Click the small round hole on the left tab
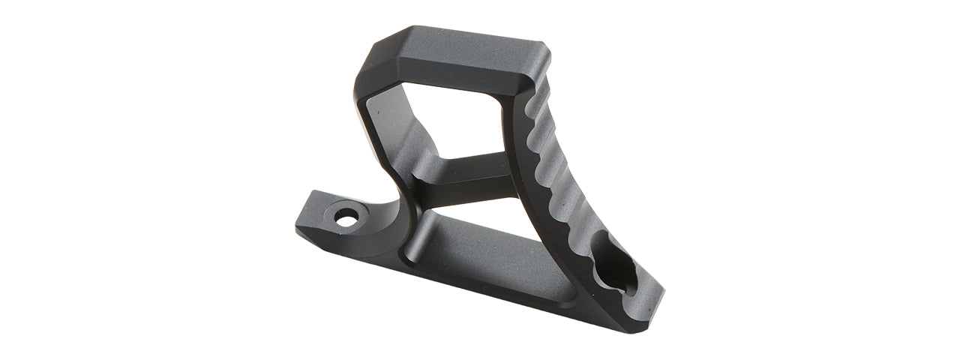(346, 218)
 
